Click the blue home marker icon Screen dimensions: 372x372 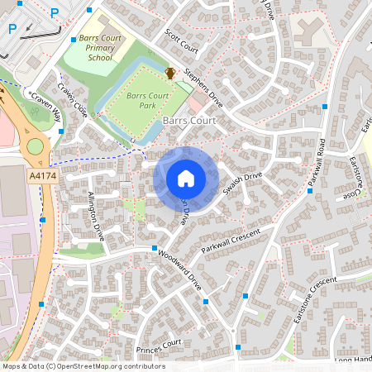[x=186, y=178]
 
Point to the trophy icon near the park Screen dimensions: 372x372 [x=170, y=74]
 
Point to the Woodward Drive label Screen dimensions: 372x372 [x=180, y=269]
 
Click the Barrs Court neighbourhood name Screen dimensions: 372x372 [x=189, y=121]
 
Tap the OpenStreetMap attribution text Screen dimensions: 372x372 [x=83, y=366]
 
